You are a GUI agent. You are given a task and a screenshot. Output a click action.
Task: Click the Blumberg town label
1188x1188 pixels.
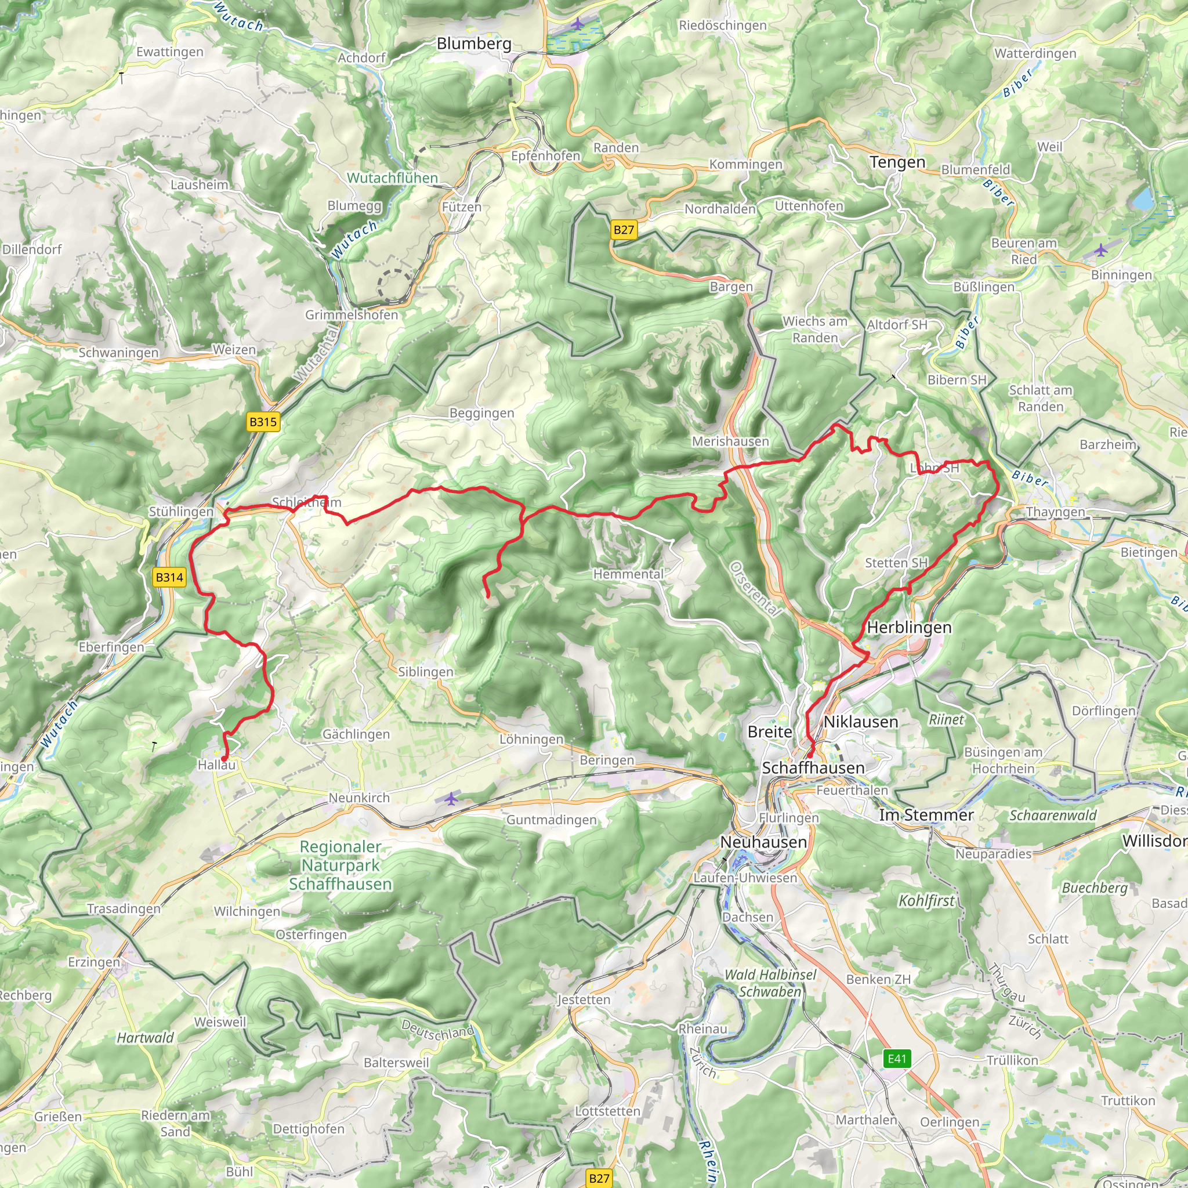tap(473, 44)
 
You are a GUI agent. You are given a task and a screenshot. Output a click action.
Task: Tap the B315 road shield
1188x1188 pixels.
tap(263, 422)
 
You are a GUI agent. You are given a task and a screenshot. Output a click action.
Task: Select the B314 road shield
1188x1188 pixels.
tap(169, 577)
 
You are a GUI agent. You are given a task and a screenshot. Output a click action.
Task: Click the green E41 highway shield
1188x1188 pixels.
tap(897, 1058)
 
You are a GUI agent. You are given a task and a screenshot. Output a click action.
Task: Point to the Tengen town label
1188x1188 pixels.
tap(897, 162)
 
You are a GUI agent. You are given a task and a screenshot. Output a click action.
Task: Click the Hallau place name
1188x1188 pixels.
tap(216, 765)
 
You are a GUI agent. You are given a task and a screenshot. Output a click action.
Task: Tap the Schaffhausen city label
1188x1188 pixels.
tap(813, 767)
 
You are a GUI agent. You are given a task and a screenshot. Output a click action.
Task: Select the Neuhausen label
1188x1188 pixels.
tap(763, 842)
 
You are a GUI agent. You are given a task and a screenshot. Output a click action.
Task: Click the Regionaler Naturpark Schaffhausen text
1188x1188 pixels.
tap(340, 865)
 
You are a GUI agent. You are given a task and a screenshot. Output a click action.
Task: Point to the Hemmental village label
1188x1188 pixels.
tap(628, 574)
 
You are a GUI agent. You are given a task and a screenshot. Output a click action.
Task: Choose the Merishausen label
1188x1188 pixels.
tap(730, 441)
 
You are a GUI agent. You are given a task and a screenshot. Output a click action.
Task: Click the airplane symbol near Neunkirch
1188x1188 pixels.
tap(451, 799)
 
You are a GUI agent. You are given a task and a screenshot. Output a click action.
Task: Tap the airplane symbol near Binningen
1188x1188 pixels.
tap(1100, 249)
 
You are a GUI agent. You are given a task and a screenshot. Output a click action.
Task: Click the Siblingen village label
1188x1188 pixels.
tap(426, 672)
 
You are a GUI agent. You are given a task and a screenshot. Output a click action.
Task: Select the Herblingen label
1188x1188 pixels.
tap(909, 627)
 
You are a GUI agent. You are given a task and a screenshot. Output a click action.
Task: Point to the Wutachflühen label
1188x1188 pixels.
tap(392, 178)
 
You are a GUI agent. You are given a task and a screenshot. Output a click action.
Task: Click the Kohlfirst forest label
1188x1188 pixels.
tap(926, 900)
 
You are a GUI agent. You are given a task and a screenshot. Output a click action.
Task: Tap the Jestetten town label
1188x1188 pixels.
tap(584, 999)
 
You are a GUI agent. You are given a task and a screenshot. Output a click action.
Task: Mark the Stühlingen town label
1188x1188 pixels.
tap(181, 512)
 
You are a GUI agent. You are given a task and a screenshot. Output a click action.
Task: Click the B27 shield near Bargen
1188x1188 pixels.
tap(624, 230)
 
